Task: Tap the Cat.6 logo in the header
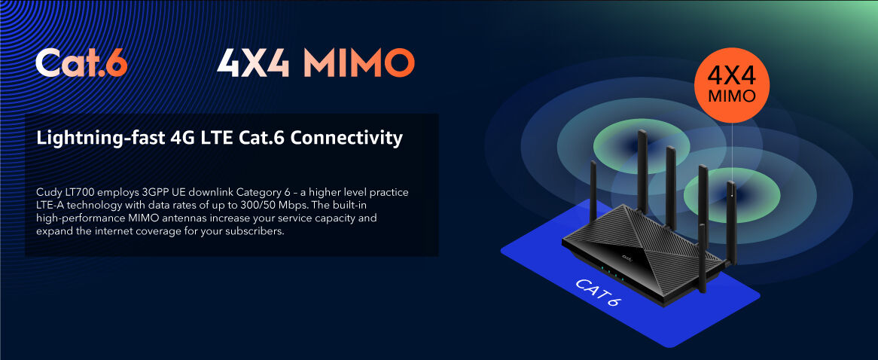[81, 63]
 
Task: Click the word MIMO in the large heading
[358, 63]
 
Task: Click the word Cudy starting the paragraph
[47, 193]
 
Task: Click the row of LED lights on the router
[611, 273]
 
